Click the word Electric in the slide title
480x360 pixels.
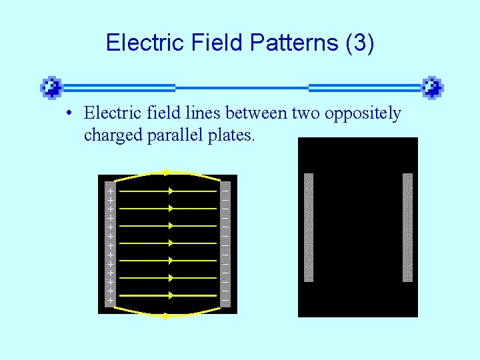[137, 43]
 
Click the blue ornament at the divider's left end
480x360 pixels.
[51, 87]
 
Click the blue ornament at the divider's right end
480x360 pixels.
[432, 87]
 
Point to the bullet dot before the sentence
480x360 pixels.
[69, 114]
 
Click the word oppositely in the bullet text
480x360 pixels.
[363, 114]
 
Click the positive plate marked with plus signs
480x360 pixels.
[110, 244]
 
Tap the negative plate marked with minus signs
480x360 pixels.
[225, 244]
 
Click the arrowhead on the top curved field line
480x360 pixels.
[167, 172]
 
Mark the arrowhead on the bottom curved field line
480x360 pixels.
[167, 316]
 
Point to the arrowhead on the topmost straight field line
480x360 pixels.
[171, 191]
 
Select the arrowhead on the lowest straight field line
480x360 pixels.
[171, 295]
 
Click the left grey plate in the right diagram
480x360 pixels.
[308, 227]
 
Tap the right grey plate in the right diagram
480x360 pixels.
[407, 227]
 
